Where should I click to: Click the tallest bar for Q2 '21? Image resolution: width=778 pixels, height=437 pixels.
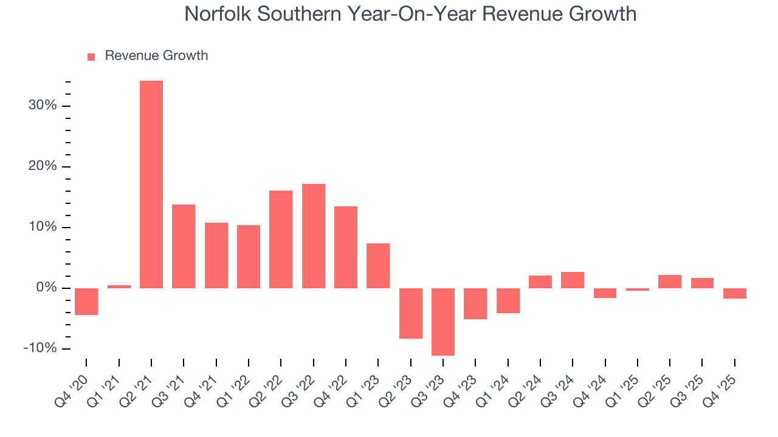coord(151,185)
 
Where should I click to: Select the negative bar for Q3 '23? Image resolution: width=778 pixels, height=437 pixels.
coord(443,322)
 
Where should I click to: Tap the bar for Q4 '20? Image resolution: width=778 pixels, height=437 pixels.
coord(86,302)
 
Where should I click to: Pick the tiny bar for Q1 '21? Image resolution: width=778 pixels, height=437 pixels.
coord(119,286)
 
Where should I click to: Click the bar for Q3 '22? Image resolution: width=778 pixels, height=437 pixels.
coord(314,236)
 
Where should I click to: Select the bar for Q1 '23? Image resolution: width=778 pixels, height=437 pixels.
coord(378,266)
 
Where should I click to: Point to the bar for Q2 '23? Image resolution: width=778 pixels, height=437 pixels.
coord(411,313)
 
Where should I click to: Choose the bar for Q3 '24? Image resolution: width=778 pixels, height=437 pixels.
coord(573,280)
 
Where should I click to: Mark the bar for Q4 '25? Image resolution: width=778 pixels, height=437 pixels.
coord(735,293)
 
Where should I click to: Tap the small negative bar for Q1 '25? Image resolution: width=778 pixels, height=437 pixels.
coord(638,290)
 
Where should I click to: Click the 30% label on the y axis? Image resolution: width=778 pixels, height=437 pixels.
coord(42,106)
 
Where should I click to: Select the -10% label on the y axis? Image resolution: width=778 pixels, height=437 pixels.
coord(40,348)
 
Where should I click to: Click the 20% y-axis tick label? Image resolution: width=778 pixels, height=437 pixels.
coord(42,166)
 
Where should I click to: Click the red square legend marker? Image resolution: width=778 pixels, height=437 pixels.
coord(91,56)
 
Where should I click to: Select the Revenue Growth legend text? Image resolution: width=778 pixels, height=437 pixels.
coord(156,56)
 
